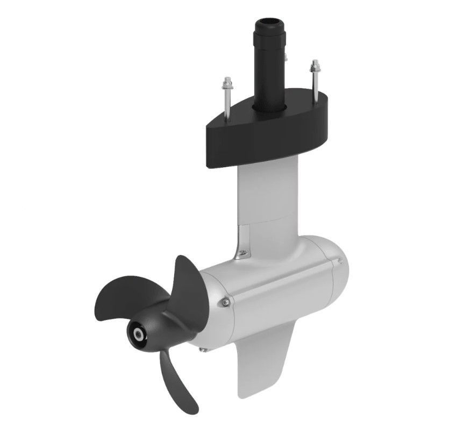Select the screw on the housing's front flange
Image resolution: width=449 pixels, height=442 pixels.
point(226,303)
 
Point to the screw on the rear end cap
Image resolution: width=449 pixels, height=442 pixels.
point(340,261)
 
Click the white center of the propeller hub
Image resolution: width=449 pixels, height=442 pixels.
point(139,334)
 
